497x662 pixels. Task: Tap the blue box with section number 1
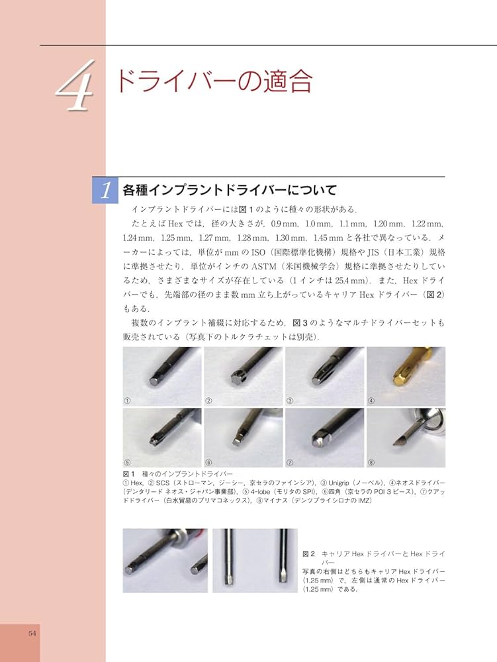(x=105, y=190)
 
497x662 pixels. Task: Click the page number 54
(x=32, y=633)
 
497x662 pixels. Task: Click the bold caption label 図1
(x=128, y=474)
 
